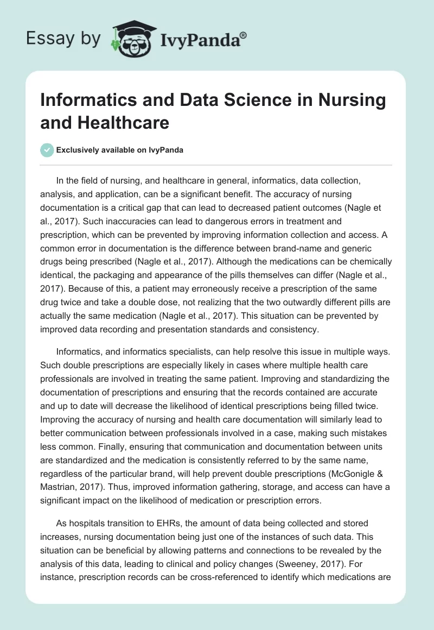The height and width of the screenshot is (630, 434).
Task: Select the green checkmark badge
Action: [47, 150]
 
